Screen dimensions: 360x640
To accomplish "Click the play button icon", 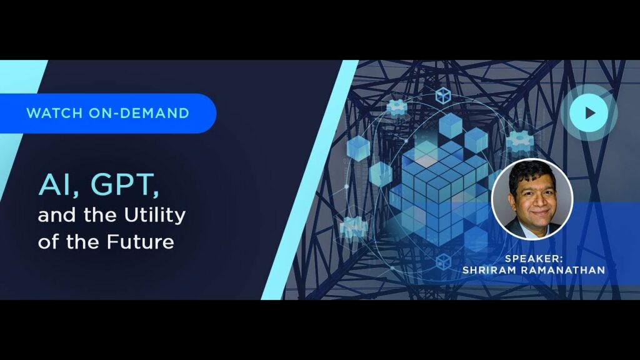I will coord(589,113).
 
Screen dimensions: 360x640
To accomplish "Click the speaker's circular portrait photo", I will coord(532,198).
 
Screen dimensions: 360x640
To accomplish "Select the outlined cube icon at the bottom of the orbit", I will coord(443,261).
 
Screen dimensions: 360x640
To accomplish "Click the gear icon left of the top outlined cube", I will coord(396,107).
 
